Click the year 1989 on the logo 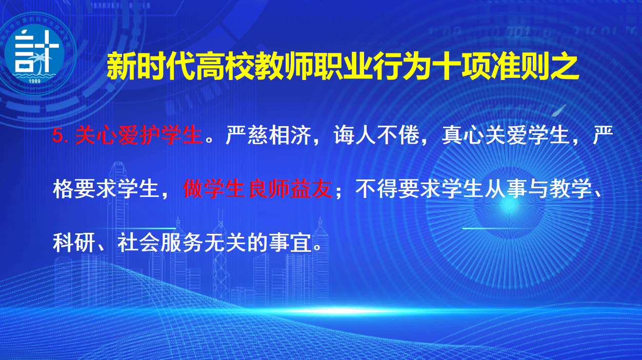(34, 81)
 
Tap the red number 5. (58, 135)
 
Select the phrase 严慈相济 (269, 135)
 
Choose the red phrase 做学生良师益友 (257, 189)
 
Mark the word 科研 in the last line (74, 243)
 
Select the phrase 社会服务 (160, 243)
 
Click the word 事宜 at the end (290, 243)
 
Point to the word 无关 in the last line (225, 243)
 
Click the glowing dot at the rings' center (509, 205)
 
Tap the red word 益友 (311, 189)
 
